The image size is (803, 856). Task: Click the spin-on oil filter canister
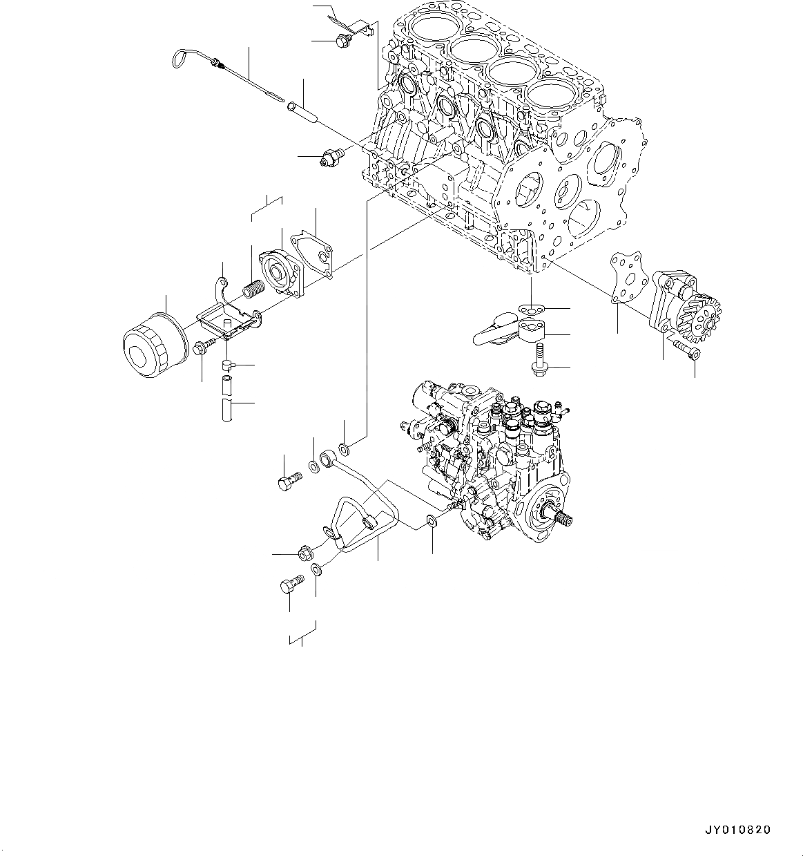154,346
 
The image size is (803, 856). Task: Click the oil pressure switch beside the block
333,157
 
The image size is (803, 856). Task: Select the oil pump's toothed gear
705,318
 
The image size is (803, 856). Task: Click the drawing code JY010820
737,830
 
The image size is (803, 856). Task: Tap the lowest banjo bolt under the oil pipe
291,585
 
